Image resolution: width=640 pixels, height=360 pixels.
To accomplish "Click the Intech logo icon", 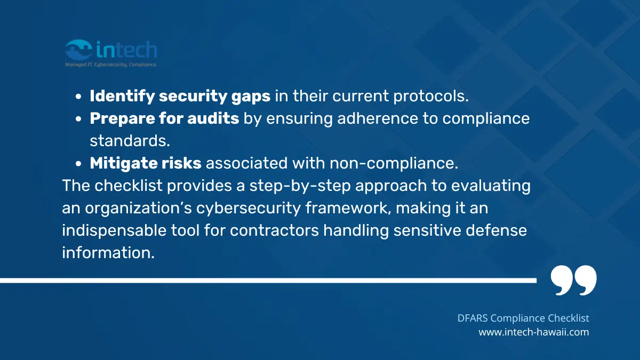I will (78, 50).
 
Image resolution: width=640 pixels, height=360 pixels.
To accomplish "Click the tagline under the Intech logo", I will (110, 64).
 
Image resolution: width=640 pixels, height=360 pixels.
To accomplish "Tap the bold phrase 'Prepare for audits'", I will (164, 118).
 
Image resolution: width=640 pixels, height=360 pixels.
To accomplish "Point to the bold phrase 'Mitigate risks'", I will (146, 163).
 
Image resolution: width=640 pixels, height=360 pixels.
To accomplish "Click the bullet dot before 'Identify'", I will (79, 97).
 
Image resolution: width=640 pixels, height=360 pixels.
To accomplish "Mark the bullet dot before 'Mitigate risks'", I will (79, 164).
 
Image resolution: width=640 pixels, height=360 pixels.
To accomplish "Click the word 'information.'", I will (108, 253).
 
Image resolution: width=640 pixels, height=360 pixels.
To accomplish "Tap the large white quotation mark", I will (573, 281).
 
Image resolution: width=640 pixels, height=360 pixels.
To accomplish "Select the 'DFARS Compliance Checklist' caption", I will (523, 318).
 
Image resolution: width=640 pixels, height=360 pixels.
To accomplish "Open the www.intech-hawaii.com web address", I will (533, 332).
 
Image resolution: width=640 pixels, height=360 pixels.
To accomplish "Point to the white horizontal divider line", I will (267, 280).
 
